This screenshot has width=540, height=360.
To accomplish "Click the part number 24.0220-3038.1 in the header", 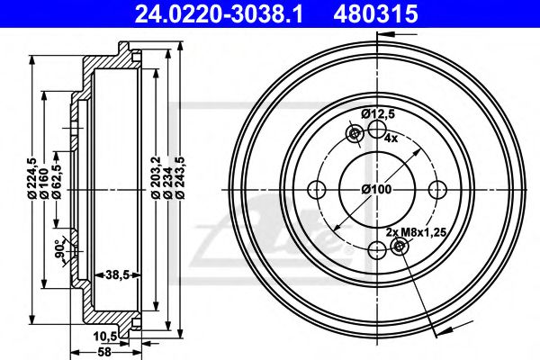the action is coord(219,13).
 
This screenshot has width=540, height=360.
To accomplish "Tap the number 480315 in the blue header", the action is coord(375,13).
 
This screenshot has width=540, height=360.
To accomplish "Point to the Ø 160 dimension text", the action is coord(44,183).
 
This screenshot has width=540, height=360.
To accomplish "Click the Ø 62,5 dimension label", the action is coord(56,180).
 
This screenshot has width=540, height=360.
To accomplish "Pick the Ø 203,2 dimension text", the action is coord(156,178).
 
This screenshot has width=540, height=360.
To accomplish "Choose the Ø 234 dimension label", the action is coord(167,183).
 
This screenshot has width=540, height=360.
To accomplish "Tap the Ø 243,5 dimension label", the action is coord(180,178).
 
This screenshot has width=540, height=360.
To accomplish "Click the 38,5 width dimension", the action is coord(117,274).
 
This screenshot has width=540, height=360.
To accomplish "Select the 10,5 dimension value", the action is coord(105,337).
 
